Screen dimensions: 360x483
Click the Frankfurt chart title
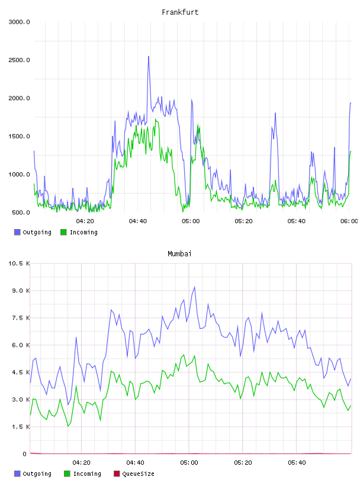(x=180, y=12)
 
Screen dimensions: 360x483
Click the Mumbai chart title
(x=179, y=254)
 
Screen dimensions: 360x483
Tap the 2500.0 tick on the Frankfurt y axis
(x=19, y=60)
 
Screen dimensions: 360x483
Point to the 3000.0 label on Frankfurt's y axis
(x=19, y=22)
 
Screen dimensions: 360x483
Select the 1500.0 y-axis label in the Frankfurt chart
(x=19, y=136)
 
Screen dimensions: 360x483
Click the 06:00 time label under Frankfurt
(x=349, y=221)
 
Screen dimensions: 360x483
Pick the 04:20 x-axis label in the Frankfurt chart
(x=85, y=221)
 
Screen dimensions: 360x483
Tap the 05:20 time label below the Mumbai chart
(x=243, y=463)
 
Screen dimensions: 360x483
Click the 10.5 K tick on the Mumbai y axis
(x=19, y=263)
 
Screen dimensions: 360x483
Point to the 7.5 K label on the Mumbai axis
(x=21, y=318)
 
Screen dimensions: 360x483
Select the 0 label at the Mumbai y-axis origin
(x=25, y=454)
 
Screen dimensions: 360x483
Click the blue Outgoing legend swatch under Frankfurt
(x=17, y=232)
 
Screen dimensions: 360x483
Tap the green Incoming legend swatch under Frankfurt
(x=63, y=232)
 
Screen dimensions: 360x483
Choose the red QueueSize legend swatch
(x=117, y=474)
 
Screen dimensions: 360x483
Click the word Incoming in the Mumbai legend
(x=87, y=474)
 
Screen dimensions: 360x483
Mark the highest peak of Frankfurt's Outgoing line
(x=149, y=57)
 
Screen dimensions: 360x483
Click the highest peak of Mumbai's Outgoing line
(x=194, y=286)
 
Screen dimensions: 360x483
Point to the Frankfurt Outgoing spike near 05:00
(x=192, y=100)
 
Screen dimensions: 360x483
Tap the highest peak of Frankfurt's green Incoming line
(x=156, y=119)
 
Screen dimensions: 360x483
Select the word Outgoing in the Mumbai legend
(x=37, y=474)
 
